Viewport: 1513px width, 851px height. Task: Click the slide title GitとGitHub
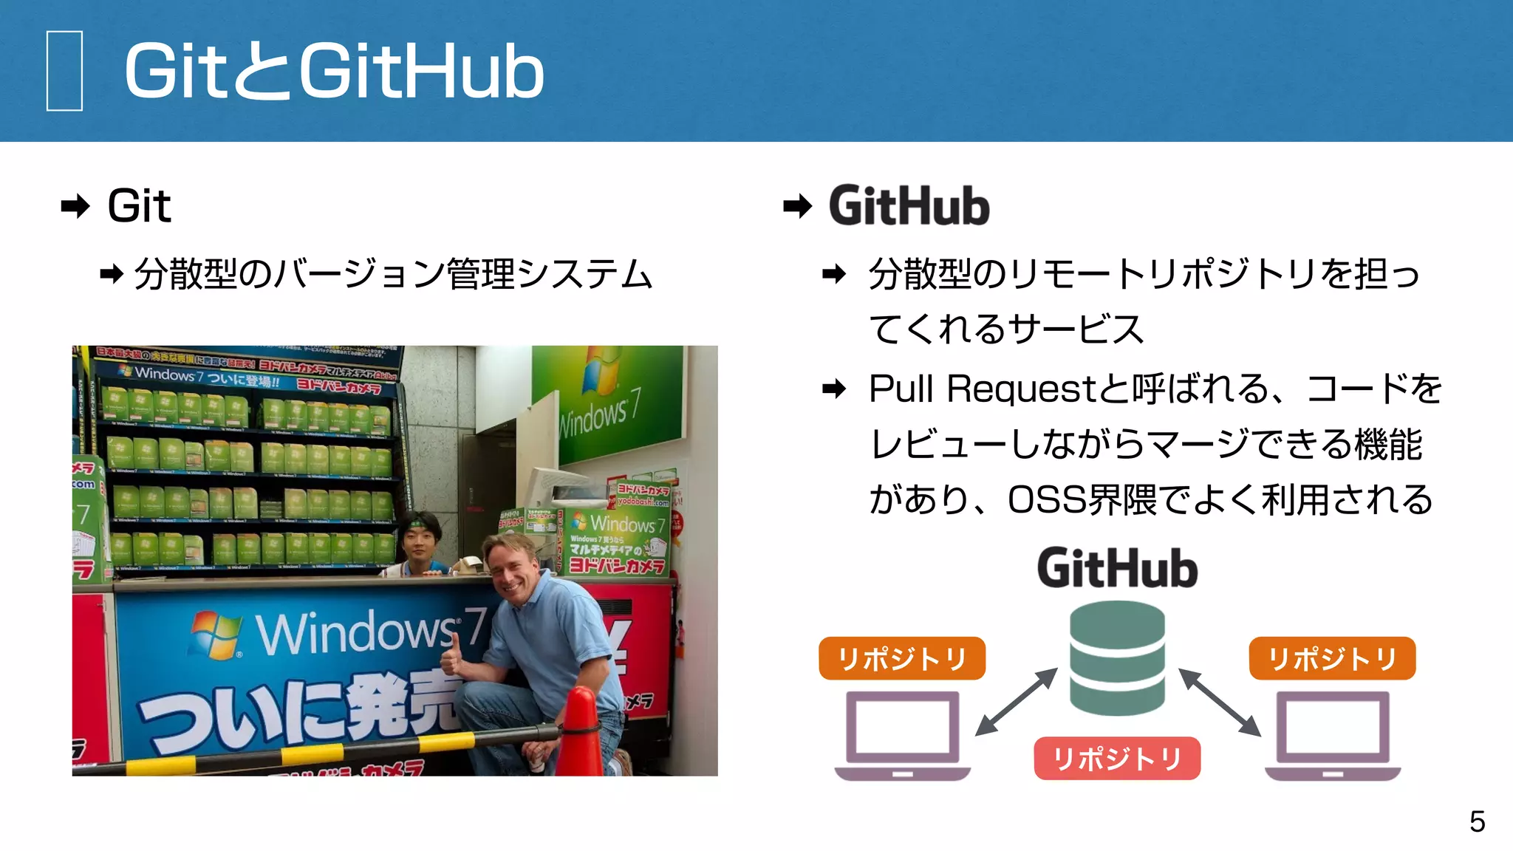tap(334, 72)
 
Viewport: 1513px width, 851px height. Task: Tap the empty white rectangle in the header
tap(64, 71)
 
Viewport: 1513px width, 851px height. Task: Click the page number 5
tap(1477, 821)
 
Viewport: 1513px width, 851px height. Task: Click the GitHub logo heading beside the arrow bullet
tap(909, 206)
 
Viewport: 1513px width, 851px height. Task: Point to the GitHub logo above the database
tap(1117, 568)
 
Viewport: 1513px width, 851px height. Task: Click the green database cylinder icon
tap(1117, 657)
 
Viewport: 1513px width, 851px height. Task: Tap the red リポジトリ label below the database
tap(1117, 759)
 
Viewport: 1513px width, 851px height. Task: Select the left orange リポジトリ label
tap(902, 658)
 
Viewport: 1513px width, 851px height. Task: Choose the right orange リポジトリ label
tap(1332, 658)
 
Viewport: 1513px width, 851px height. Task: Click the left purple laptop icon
tap(902, 736)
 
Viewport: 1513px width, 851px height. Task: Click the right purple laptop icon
tap(1332, 736)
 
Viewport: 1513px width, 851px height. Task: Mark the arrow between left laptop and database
tap(1017, 702)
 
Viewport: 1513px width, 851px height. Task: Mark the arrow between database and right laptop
tap(1219, 702)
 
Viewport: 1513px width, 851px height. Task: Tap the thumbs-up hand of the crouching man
tap(451, 657)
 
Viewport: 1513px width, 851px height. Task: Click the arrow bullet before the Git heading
tap(75, 206)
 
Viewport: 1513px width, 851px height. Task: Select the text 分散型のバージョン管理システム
tap(393, 274)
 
